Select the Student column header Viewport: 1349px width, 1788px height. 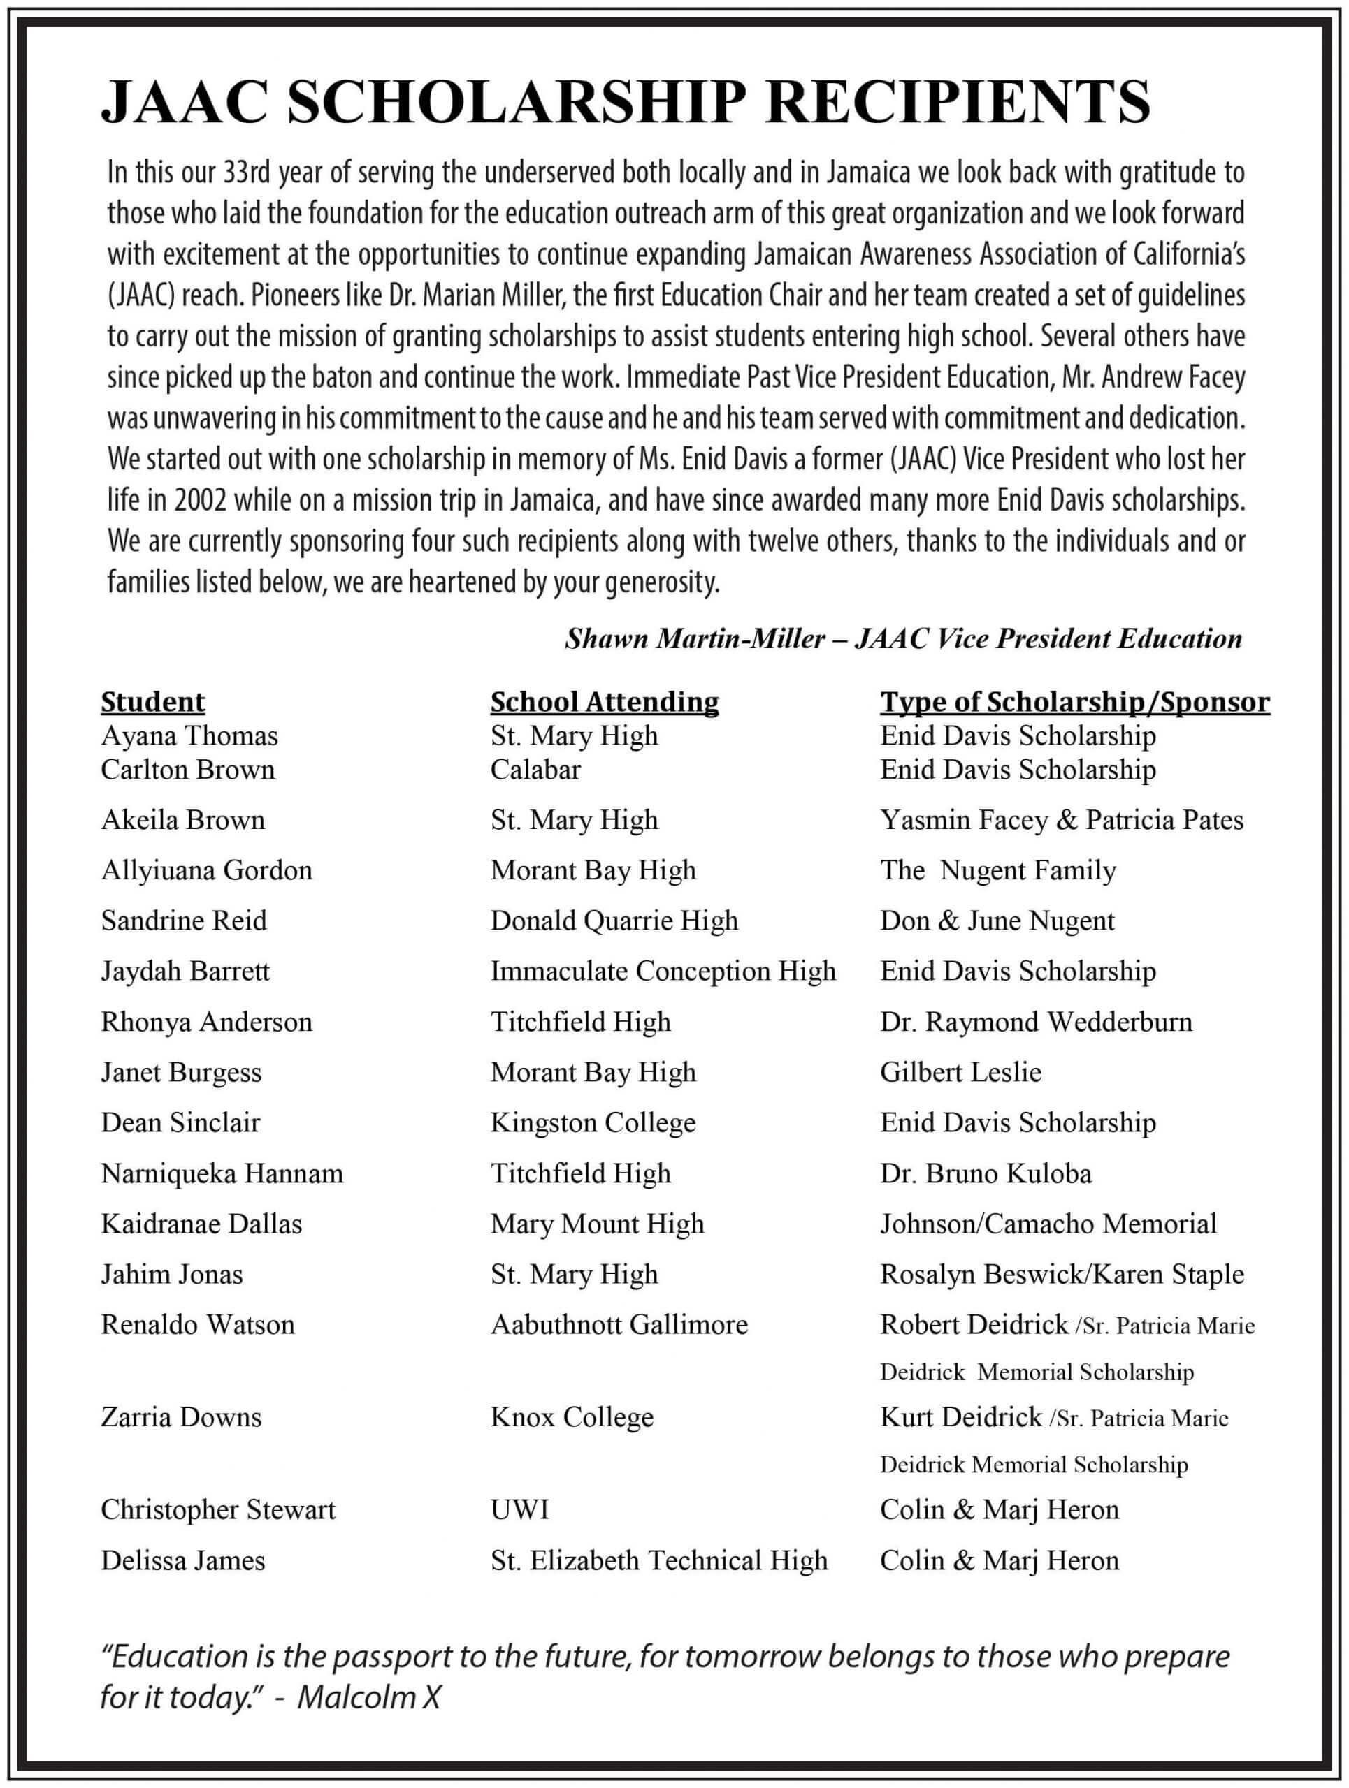pyautogui.click(x=153, y=702)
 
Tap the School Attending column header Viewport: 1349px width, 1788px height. pyautogui.click(x=604, y=702)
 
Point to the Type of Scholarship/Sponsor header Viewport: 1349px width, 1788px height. pyautogui.click(x=1075, y=702)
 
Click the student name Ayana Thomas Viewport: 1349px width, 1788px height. pyautogui.click(x=189, y=735)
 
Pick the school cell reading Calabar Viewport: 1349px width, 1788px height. pyautogui.click(x=535, y=770)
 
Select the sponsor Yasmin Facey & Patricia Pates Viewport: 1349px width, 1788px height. pyautogui.click(x=1061, y=820)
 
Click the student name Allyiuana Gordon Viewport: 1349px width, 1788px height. pyautogui.click(x=206, y=870)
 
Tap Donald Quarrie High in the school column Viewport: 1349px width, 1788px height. pyautogui.click(x=614, y=921)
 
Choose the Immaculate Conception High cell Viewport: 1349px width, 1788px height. pyautogui.click(x=663, y=971)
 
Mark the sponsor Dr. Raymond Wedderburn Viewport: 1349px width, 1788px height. pyautogui.click(x=1036, y=1022)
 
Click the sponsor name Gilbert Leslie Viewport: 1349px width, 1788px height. pyautogui.click(x=961, y=1072)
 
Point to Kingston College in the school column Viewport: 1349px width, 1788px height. pyautogui.click(x=593, y=1123)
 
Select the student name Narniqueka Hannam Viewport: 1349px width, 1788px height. pyautogui.click(x=222, y=1173)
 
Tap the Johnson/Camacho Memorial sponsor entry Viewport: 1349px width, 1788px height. pyautogui.click(x=1048, y=1224)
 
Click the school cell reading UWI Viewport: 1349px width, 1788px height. pyautogui.click(x=519, y=1509)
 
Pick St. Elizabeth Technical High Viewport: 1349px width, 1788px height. pyautogui.click(x=659, y=1560)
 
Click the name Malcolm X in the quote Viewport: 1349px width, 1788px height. pyautogui.click(x=369, y=1699)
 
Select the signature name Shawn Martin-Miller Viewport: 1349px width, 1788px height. pyautogui.click(x=695, y=639)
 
